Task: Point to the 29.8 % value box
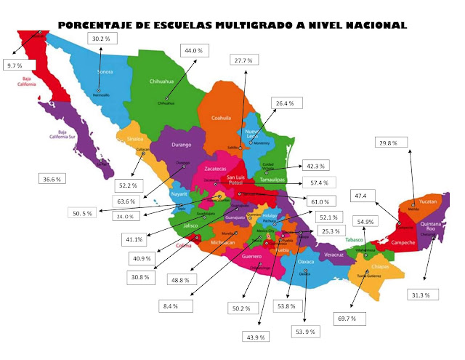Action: coord(389,143)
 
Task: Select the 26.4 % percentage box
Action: coord(286,104)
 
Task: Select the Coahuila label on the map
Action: coord(221,118)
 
